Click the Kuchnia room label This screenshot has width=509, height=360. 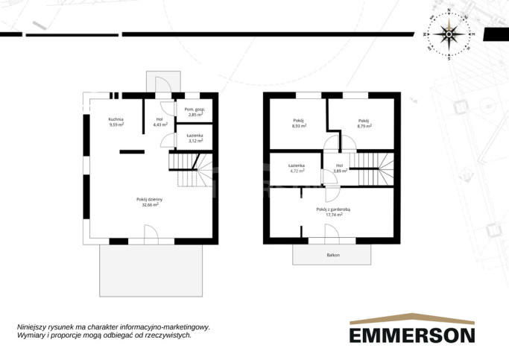point(116,119)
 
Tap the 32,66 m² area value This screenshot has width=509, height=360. point(150,205)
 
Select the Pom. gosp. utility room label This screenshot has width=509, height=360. point(195,110)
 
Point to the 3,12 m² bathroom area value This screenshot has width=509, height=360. point(196,141)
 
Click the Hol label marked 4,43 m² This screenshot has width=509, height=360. point(159,119)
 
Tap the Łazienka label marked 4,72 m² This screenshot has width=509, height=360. point(297,165)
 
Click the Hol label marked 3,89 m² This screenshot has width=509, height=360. point(340,165)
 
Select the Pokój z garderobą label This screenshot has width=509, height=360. point(333,209)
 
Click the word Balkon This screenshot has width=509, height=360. point(333,255)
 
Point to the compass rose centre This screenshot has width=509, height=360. point(449,34)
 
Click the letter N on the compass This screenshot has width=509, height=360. point(449,10)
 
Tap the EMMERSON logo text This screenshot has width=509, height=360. point(412,335)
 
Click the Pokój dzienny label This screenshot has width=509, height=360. point(149,199)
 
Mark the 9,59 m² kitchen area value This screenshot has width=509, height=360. point(116,124)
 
